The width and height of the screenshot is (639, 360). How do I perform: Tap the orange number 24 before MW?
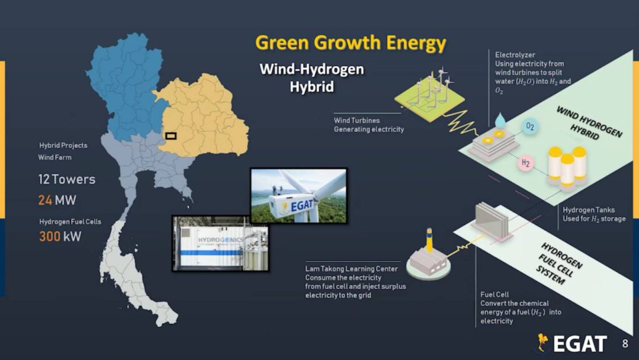click(x=45, y=200)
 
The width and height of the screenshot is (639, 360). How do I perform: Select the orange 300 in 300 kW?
click(x=50, y=236)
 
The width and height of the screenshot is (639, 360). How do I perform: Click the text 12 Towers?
click(x=67, y=179)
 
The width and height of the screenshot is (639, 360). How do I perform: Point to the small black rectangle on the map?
click(x=171, y=135)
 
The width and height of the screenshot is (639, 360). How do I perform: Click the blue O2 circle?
click(x=530, y=126)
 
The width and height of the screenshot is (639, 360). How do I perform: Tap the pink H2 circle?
click(x=525, y=163)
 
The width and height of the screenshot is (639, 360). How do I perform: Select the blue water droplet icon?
click(x=500, y=120)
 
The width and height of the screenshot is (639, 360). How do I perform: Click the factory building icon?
click(x=428, y=258)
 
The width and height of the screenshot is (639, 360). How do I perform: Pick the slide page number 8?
click(x=625, y=344)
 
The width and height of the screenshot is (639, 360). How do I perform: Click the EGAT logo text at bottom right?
click(x=580, y=344)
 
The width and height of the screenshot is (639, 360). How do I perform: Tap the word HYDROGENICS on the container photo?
click(x=220, y=240)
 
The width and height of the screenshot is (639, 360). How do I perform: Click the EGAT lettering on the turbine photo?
click(x=302, y=205)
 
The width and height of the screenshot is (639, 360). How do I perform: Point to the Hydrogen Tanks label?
click(x=588, y=210)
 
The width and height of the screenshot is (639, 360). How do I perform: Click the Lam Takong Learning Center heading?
click(x=351, y=269)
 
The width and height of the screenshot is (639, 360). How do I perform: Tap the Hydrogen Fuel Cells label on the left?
click(x=70, y=221)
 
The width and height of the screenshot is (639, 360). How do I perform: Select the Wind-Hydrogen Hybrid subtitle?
click(x=312, y=77)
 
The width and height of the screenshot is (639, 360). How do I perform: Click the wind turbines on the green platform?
click(x=433, y=87)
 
